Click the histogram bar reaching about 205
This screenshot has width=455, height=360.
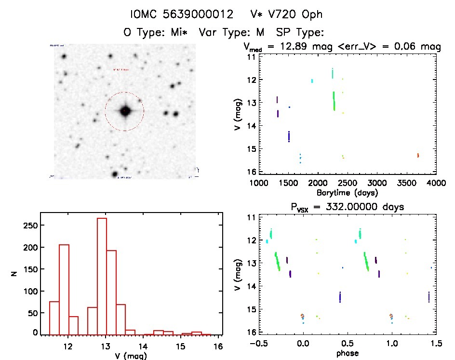pos(64,289)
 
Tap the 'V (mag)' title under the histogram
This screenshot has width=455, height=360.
pos(132,356)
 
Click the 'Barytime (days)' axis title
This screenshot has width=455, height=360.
pos(347,192)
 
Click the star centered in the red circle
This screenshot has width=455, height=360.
pos(125,111)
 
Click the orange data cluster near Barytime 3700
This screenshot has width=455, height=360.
pos(418,155)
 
